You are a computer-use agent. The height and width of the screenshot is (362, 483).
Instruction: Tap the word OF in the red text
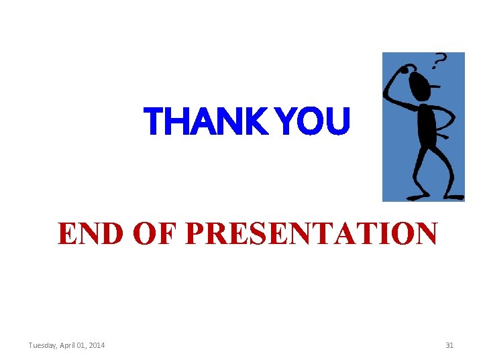(x=155, y=234)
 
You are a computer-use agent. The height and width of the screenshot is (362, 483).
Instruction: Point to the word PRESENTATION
(x=311, y=234)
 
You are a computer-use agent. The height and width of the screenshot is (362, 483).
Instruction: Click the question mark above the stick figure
(x=439, y=62)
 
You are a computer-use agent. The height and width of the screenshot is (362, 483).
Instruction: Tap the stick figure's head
(x=421, y=84)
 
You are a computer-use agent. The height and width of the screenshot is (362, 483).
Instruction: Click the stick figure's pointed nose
(x=437, y=86)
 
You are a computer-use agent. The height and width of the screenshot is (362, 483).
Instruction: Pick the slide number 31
(x=449, y=345)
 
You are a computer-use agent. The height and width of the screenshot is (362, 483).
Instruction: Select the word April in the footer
(x=71, y=345)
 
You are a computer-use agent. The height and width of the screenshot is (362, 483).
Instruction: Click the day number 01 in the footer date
(x=83, y=345)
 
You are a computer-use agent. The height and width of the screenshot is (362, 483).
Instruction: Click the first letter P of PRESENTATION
(x=195, y=234)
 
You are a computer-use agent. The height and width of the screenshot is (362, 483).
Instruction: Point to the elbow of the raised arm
(x=388, y=100)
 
